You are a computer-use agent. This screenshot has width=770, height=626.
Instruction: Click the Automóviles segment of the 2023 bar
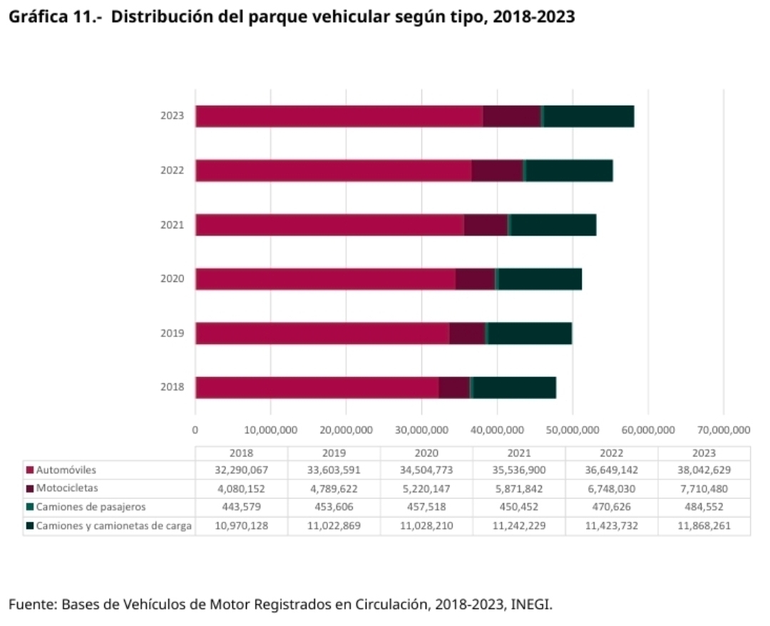339,116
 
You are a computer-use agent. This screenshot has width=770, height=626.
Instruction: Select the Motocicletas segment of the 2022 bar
497,171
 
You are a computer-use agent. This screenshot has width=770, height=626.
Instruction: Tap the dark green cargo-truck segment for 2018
514,388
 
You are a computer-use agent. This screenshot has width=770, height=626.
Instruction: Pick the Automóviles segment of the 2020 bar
325,279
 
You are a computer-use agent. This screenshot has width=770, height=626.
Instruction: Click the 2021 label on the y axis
172,225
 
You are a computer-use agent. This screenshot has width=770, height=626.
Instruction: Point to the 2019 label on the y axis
172,333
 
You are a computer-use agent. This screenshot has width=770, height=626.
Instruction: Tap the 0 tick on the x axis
195,430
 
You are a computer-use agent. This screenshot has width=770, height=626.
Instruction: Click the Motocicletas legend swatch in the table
30,489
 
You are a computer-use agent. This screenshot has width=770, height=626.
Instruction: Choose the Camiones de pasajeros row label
91,507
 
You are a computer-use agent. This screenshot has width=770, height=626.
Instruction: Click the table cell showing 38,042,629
704,470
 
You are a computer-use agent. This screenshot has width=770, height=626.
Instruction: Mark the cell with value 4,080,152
241,489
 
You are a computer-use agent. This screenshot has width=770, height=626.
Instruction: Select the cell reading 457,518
426,508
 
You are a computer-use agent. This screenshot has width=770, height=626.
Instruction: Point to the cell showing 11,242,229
519,526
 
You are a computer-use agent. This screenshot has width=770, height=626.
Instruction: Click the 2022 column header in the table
612,453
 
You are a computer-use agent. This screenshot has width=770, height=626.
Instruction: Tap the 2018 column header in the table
241,453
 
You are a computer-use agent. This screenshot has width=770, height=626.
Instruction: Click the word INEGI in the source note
531,605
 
